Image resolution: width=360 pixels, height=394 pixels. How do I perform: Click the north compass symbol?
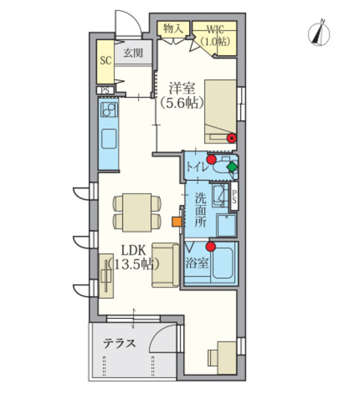(319, 33)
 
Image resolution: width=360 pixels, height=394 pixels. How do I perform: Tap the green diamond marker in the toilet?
(233, 167)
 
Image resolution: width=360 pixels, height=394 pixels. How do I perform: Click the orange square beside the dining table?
(177, 222)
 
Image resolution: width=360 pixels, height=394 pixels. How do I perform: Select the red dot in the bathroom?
(211, 246)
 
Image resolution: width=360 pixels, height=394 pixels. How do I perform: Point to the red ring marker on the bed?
(231, 137)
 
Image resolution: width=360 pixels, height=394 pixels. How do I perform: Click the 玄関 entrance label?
(133, 53)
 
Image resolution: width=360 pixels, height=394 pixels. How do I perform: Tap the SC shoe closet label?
(106, 60)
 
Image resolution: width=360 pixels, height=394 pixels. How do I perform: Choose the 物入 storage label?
(173, 28)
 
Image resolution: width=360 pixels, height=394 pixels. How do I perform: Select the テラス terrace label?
(120, 343)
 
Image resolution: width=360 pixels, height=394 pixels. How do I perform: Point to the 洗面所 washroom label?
(201, 209)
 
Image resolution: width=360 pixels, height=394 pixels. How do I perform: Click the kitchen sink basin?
(109, 139)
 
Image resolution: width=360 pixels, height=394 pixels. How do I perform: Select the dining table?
(137, 212)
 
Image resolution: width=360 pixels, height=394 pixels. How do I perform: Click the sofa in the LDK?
(166, 265)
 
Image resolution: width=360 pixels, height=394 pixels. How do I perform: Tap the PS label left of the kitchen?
(105, 91)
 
